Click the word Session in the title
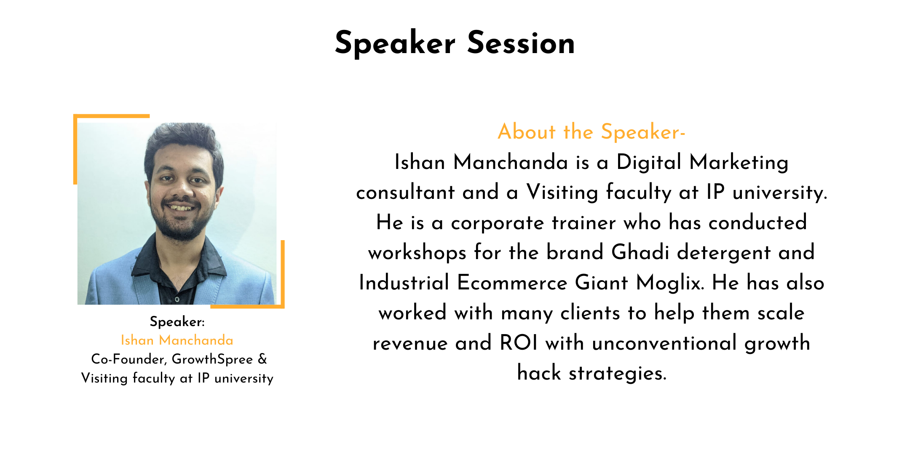(x=521, y=43)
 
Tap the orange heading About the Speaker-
(x=591, y=131)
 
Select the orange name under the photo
(x=177, y=340)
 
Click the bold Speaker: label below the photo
(x=177, y=322)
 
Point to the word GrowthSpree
(x=212, y=359)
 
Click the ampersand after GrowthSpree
(x=262, y=359)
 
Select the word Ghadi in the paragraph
(x=640, y=252)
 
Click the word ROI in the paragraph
(x=519, y=343)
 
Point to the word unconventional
(x=664, y=343)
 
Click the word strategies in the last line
(x=618, y=373)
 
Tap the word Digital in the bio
(x=649, y=163)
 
